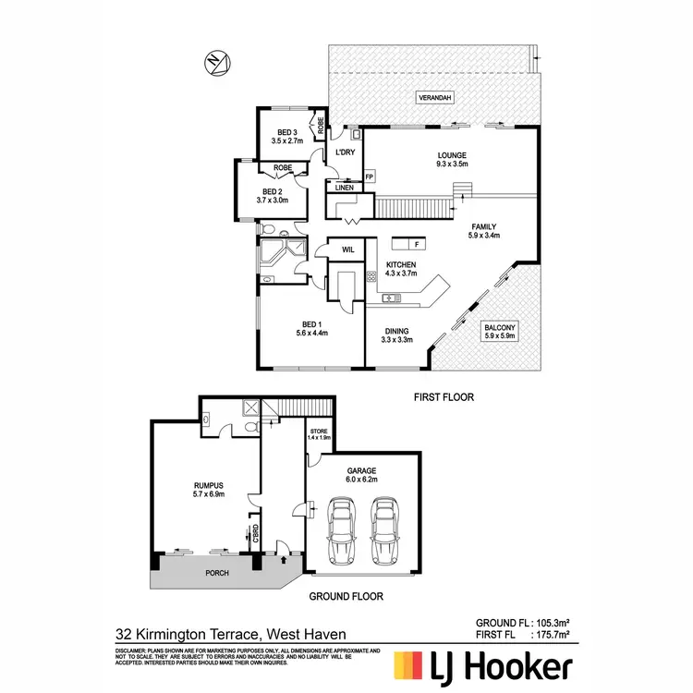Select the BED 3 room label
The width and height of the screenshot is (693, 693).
pyautogui.click(x=287, y=136)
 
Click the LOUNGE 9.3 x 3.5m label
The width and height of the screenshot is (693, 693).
pyautogui.click(x=452, y=159)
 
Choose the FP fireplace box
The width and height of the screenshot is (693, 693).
pyautogui.click(x=370, y=176)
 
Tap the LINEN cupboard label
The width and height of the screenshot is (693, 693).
pyautogui.click(x=344, y=188)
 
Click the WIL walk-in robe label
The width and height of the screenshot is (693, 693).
pyautogui.click(x=349, y=249)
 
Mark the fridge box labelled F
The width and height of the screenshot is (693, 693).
pyautogui.click(x=417, y=244)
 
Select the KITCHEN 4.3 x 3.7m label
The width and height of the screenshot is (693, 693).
pyautogui.click(x=401, y=269)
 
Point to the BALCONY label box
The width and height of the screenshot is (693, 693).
pyautogui.click(x=500, y=332)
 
